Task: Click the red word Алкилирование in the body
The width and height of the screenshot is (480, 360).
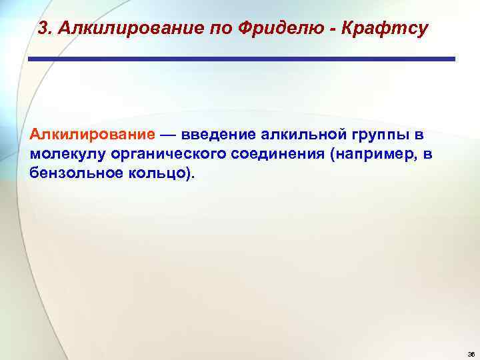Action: pos(92,135)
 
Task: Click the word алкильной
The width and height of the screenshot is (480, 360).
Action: pos(300,135)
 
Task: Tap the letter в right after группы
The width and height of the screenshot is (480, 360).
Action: pos(419,135)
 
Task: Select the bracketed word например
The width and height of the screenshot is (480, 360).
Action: pos(365,155)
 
